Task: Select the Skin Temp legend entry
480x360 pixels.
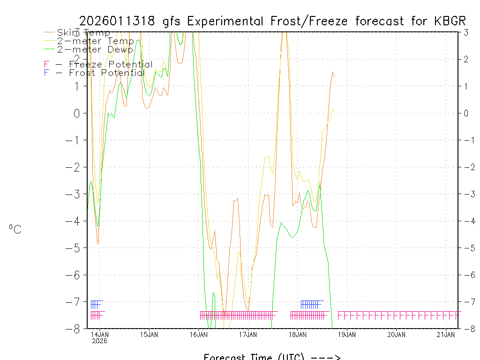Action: [83, 32]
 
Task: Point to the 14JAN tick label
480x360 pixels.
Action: [100, 334]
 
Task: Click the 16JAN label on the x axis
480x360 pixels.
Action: [199, 334]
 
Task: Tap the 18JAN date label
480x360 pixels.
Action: [298, 334]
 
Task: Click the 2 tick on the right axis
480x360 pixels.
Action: [466, 59]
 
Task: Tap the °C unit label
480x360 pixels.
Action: [15, 229]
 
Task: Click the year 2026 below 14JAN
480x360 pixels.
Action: [100, 341]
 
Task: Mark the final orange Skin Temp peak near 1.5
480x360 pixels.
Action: [332, 72]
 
